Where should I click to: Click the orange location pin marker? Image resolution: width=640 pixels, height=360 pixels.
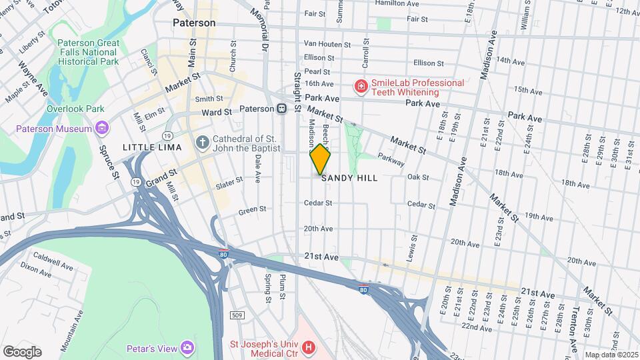[x=320, y=159]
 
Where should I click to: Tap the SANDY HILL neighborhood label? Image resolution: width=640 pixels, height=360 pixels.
[x=349, y=178]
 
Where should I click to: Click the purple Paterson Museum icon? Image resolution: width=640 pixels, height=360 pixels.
[x=101, y=128]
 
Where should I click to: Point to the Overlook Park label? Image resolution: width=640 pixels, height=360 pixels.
[x=75, y=108]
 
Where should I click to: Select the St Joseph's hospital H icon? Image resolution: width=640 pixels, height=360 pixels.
[x=308, y=347]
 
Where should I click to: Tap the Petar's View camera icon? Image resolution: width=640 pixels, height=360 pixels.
[x=188, y=348]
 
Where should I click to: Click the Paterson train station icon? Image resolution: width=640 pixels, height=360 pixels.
[x=282, y=108]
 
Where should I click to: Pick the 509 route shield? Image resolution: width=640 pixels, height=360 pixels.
[x=239, y=315]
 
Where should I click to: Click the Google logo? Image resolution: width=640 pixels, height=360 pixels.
[x=22, y=351]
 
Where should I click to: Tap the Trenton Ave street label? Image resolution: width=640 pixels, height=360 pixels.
[x=574, y=327]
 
